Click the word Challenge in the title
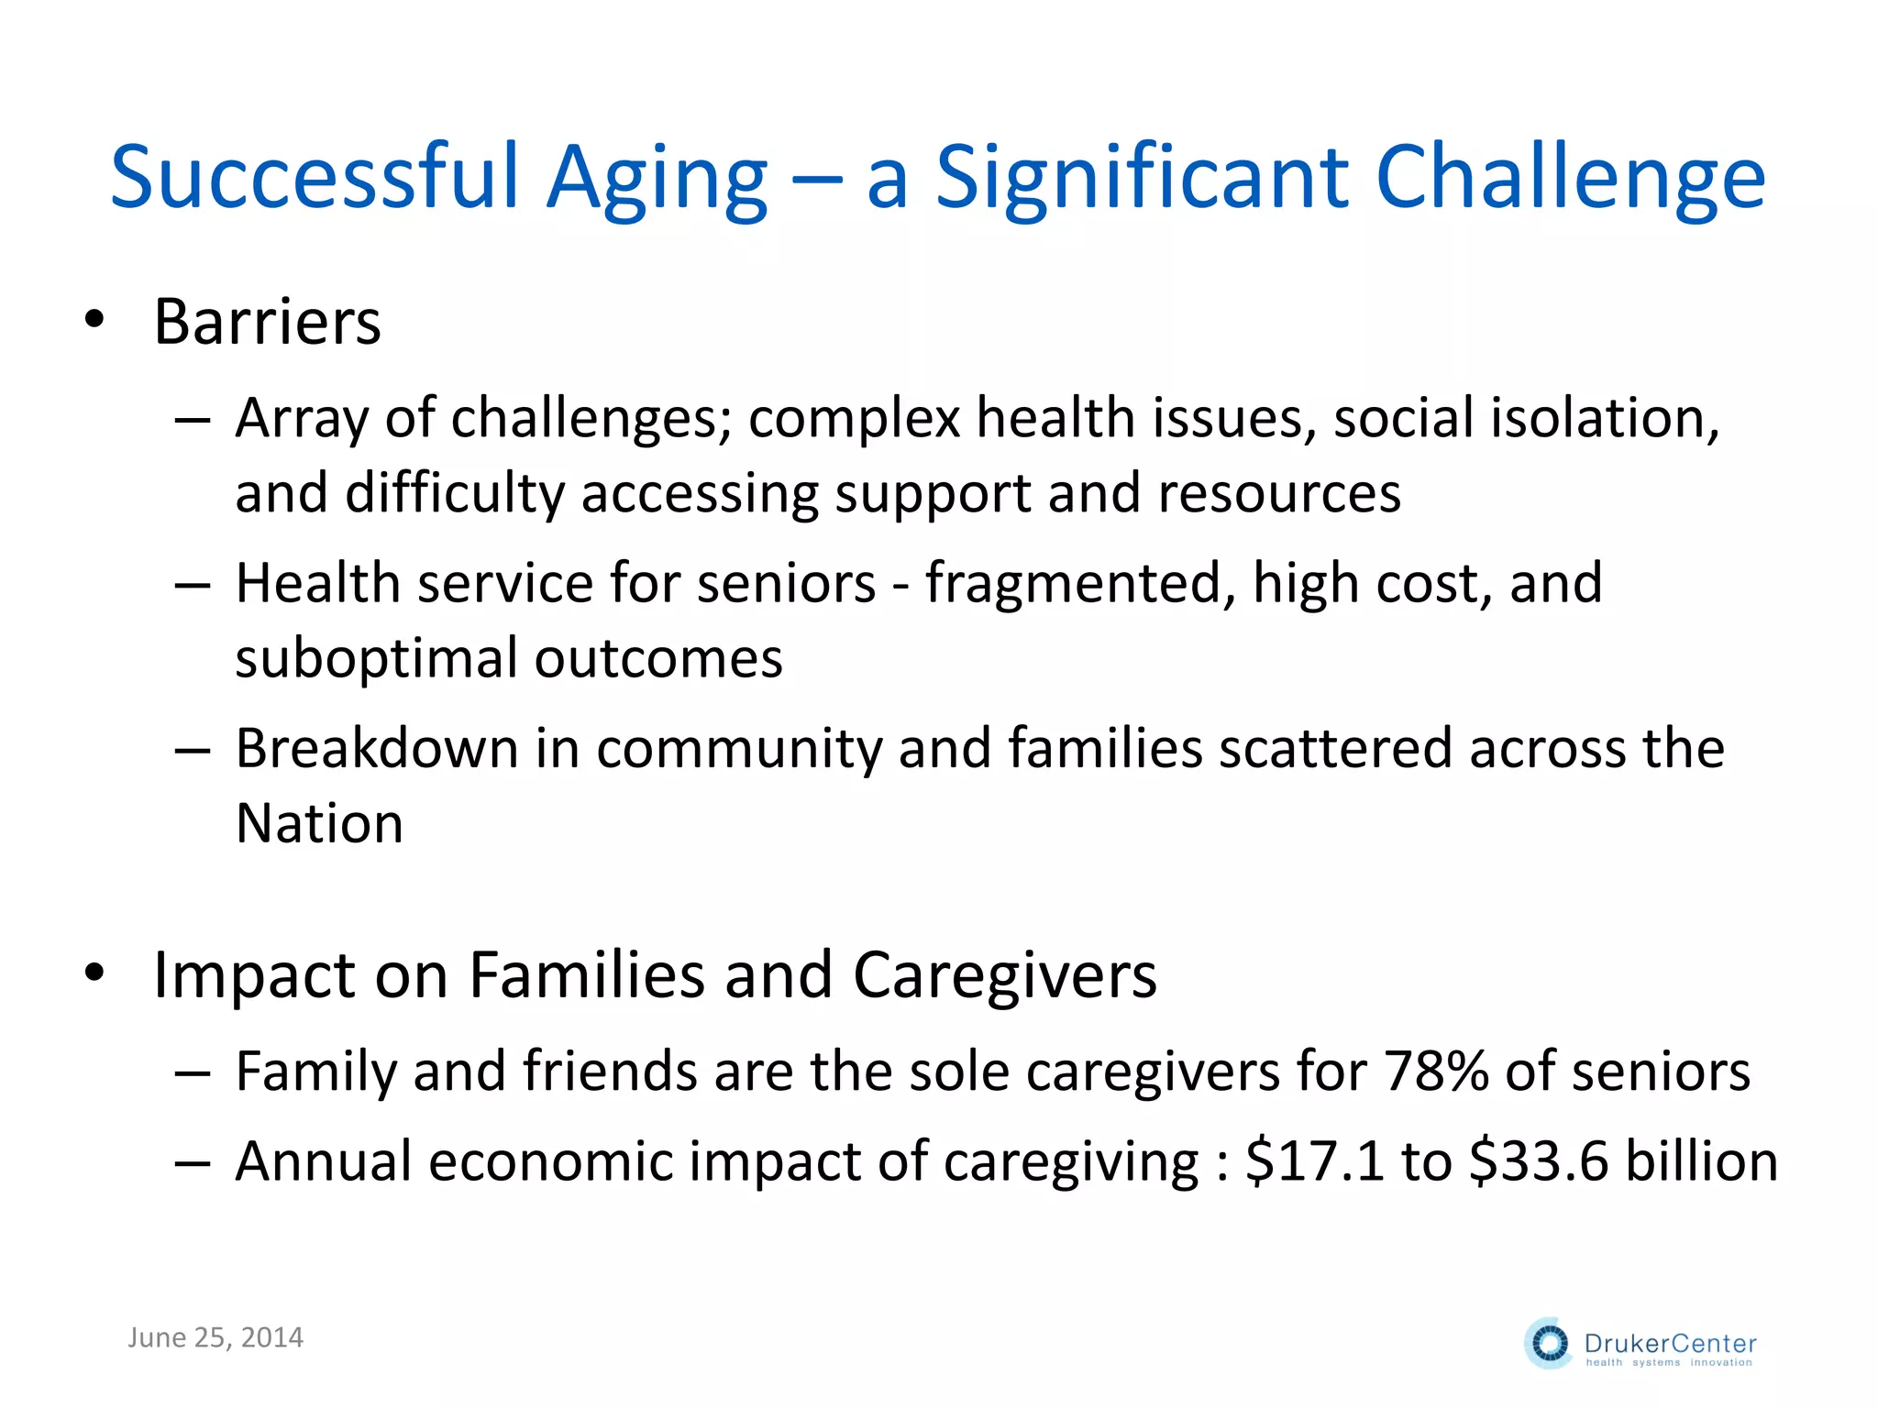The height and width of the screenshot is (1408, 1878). point(1569,179)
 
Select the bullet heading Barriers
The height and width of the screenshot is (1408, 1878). point(267,323)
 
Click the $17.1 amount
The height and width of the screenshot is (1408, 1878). point(1314,1161)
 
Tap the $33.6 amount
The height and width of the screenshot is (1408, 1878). point(1539,1161)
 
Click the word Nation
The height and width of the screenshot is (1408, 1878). point(319,823)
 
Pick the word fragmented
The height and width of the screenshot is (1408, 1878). point(1079,584)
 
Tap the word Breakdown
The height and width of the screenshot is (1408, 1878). point(377,749)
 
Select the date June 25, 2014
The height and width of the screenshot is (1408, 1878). point(215,1338)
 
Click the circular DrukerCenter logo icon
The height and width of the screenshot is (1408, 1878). point(1549,1344)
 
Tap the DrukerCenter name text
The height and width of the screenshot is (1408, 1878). point(1670,1344)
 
